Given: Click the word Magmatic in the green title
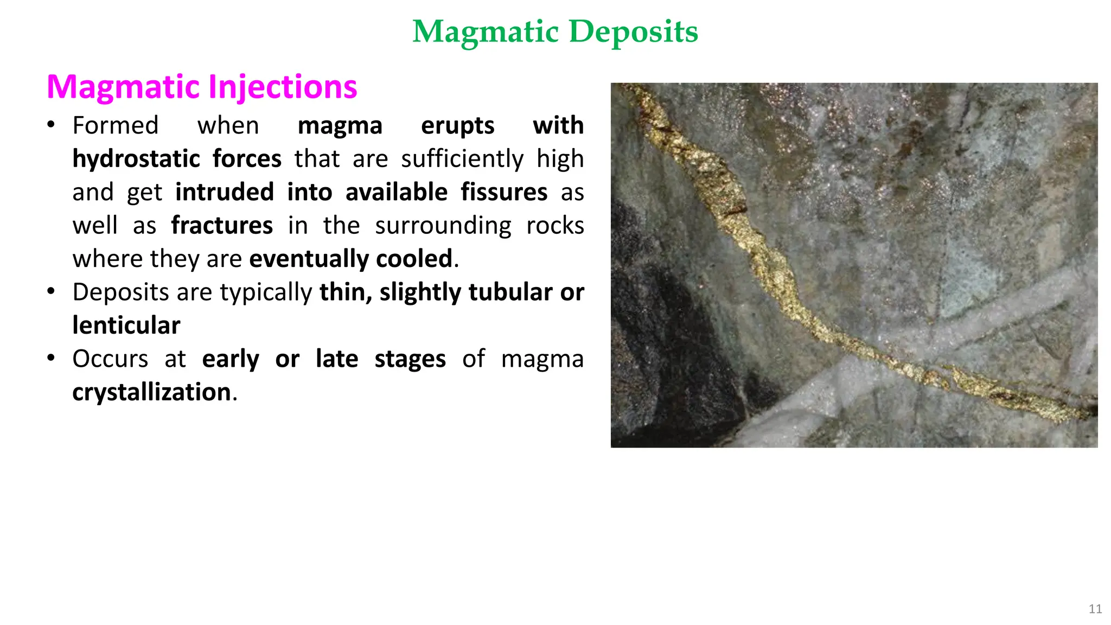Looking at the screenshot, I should pyautogui.click(x=486, y=31).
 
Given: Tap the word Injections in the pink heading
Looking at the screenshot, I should pyautogui.click(x=282, y=87).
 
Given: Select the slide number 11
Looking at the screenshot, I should pyautogui.click(x=1095, y=609).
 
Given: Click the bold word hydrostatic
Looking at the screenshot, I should pyautogui.click(x=136, y=159).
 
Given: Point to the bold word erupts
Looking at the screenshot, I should pyautogui.click(x=457, y=126).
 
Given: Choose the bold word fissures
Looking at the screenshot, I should pyautogui.click(x=504, y=193).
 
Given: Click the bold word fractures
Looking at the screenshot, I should pyautogui.click(x=222, y=226).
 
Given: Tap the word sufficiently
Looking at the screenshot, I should pyautogui.click(x=462, y=159).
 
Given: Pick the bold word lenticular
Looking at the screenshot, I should pyautogui.click(x=126, y=326).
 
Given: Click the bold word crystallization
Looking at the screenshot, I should pyautogui.click(x=152, y=392).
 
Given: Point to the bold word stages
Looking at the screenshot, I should pyautogui.click(x=410, y=359).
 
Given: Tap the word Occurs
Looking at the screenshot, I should pyautogui.click(x=110, y=359).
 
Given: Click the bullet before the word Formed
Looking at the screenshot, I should pyautogui.click(x=51, y=125).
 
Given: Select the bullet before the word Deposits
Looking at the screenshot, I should pyautogui.click(x=51, y=292).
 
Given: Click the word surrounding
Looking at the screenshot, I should pyautogui.click(x=443, y=226).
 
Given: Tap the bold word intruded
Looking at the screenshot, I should pyautogui.click(x=225, y=193).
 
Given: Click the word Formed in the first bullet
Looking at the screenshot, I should pyautogui.click(x=116, y=126).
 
